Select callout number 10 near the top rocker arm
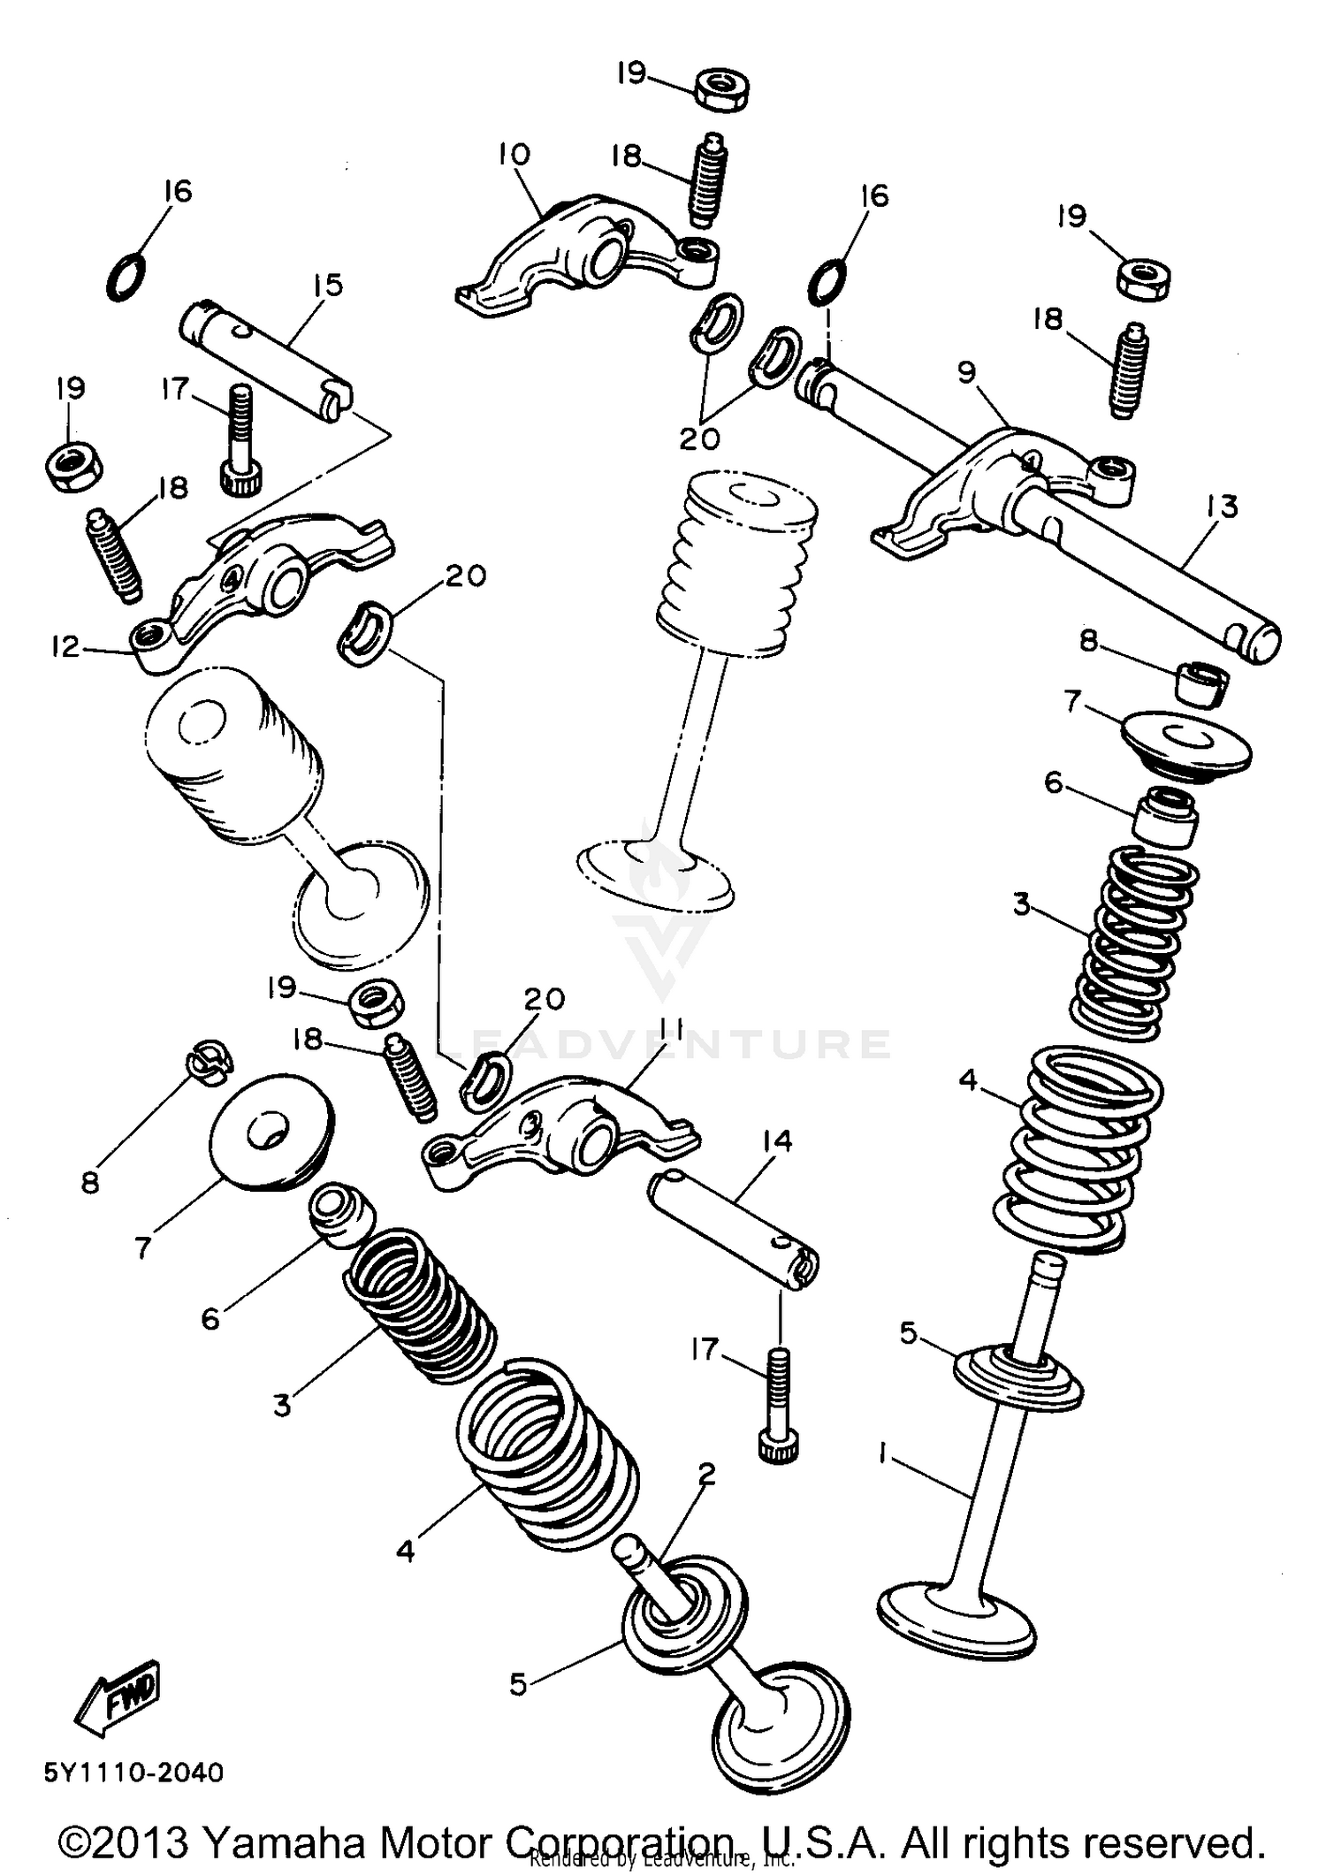[x=514, y=155]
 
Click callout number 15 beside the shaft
[x=326, y=286]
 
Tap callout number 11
[x=670, y=1028]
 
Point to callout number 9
[x=966, y=372]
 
